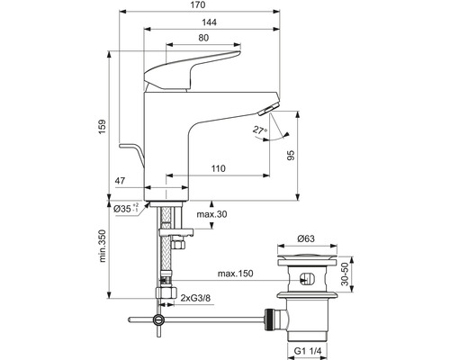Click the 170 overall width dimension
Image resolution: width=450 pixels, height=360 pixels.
pyautogui.click(x=198, y=5)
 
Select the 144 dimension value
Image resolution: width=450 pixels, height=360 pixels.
pyautogui.click(x=209, y=22)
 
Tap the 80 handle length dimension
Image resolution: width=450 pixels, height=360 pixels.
pyautogui.click(x=203, y=38)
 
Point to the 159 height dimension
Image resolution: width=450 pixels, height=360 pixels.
pyautogui.click(x=103, y=127)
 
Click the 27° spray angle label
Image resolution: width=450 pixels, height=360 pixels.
pyautogui.click(x=259, y=130)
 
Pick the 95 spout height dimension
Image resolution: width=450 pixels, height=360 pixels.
pyautogui.click(x=291, y=155)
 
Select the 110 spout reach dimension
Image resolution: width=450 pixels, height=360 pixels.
pyautogui.click(x=218, y=168)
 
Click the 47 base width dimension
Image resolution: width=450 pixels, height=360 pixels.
pyautogui.click(x=120, y=181)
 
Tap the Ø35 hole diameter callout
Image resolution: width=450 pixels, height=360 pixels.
pyautogui.click(x=126, y=208)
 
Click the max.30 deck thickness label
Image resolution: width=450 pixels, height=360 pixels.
pyautogui.click(x=211, y=214)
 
